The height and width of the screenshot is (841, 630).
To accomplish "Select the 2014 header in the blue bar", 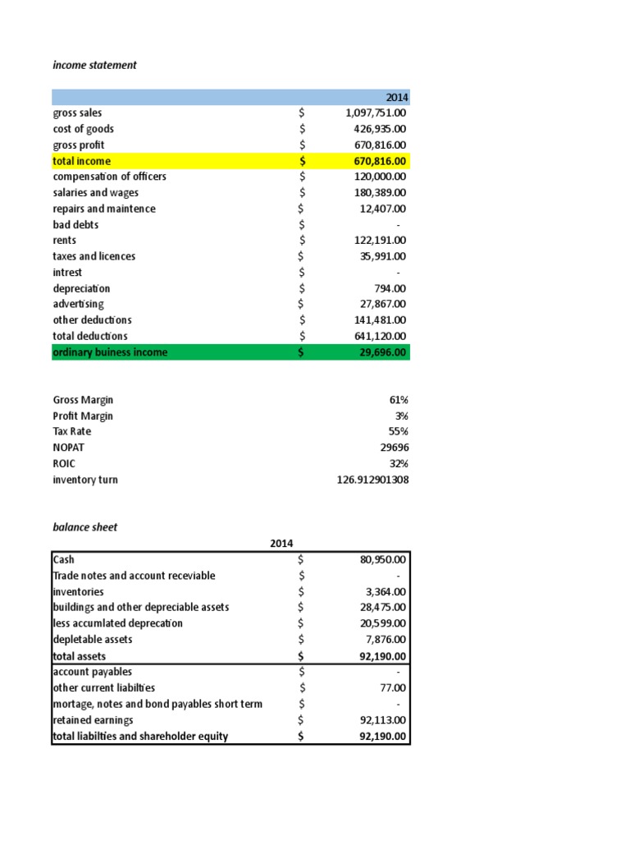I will click(396, 98).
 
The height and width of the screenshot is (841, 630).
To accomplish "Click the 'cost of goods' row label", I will click(84, 129).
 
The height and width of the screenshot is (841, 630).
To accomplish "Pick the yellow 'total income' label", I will click(82, 161).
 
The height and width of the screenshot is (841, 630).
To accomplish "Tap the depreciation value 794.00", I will click(390, 288).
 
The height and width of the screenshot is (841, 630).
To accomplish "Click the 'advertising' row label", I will click(78, 304).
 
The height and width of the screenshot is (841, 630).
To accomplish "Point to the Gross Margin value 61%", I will click(399, 400).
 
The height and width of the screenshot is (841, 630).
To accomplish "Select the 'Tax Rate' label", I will click(72, 431).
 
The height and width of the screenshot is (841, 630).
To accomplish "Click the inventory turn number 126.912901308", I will click(372, 480).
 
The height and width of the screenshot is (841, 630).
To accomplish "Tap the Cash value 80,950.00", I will click(384, 559).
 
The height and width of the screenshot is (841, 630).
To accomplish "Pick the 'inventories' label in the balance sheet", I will click(78, 591).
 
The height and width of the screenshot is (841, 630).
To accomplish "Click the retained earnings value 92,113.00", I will click(384, 719).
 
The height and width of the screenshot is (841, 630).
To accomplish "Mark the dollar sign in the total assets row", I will click(302, 656).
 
